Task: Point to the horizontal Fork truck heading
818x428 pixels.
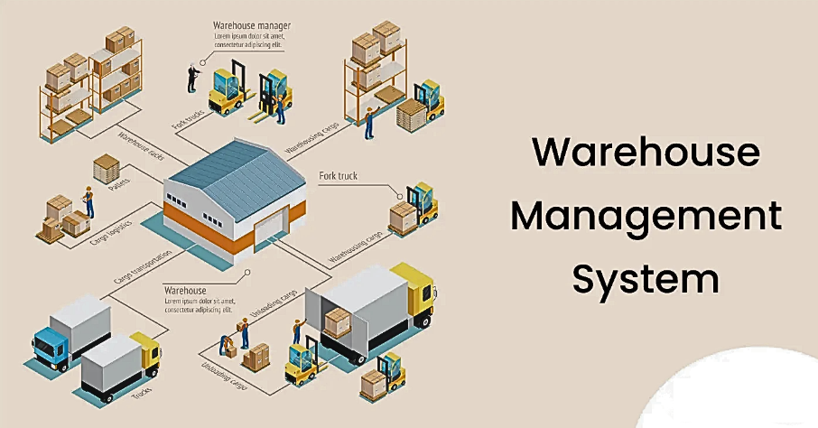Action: point(339,175)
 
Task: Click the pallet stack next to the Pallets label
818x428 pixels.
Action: point(107,167)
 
